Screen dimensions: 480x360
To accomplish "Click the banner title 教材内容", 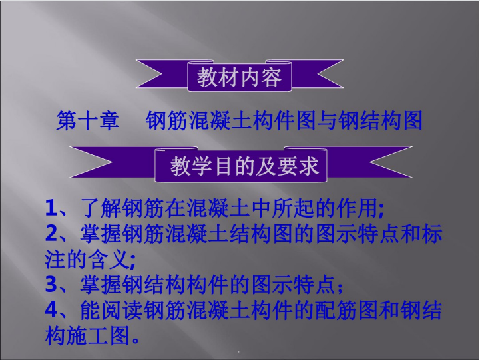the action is [239, 77].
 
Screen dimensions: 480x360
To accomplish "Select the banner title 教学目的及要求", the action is [244, 166].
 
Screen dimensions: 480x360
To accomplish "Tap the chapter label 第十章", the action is [88, 121].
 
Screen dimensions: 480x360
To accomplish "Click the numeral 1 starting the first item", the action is [51, 208].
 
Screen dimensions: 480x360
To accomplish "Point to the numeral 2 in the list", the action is [51, 234].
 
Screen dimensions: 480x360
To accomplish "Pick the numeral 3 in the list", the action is [51, 284].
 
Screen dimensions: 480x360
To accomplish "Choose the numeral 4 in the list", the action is [51, 309].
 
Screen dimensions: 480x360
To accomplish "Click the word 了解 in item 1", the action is [101, 208].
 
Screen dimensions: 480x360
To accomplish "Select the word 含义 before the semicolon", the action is [107, 259].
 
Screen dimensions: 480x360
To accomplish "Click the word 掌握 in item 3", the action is [101, 284].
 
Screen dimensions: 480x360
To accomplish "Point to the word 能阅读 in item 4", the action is [111, 309].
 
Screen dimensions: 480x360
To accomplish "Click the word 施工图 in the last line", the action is [97, 335].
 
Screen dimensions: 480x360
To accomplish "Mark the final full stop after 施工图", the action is [136, 341].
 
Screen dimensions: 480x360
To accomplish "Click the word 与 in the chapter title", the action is [328, 121].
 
